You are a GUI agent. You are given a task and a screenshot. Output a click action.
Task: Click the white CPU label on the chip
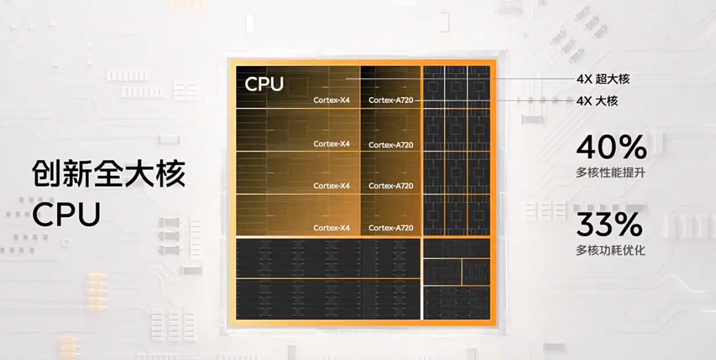(264, 85)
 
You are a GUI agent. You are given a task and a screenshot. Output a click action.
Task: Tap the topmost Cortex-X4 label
(332, 100)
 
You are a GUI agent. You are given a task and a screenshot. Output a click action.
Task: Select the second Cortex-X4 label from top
(332, 144)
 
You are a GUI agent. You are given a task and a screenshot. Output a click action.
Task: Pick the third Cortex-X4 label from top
(332, 186)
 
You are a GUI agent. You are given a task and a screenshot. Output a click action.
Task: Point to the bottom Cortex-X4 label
(332, 228)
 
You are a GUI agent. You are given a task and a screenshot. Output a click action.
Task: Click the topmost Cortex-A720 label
(391, 100)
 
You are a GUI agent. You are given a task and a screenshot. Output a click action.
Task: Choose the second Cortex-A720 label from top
(391, 145)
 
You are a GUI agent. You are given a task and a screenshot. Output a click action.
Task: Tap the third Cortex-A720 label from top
(391, 186)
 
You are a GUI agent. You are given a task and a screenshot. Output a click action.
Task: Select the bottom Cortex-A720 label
(391, 228)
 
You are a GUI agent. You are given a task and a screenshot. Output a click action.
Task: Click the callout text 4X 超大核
(603, 79)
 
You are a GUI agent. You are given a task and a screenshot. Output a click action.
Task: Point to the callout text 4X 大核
(597, 101)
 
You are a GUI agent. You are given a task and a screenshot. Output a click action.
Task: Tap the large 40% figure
(611, 149)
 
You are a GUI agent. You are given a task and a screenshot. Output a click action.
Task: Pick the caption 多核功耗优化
(611, 250)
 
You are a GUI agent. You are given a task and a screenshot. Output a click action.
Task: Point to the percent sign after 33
(629, 226)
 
